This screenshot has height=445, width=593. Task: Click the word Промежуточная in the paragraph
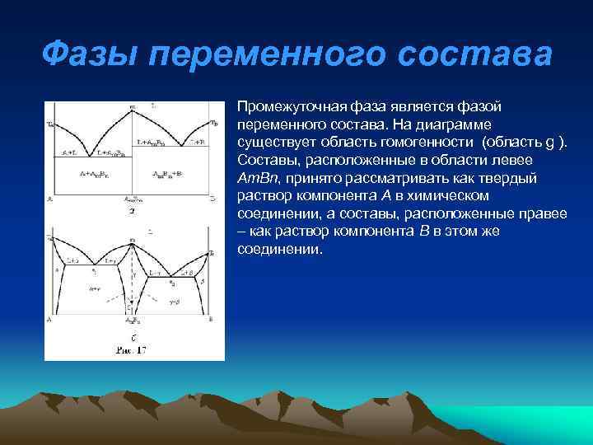point(285,107)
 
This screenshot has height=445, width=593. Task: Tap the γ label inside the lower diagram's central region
point(133,276)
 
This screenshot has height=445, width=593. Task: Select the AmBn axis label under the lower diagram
point(132,320)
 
